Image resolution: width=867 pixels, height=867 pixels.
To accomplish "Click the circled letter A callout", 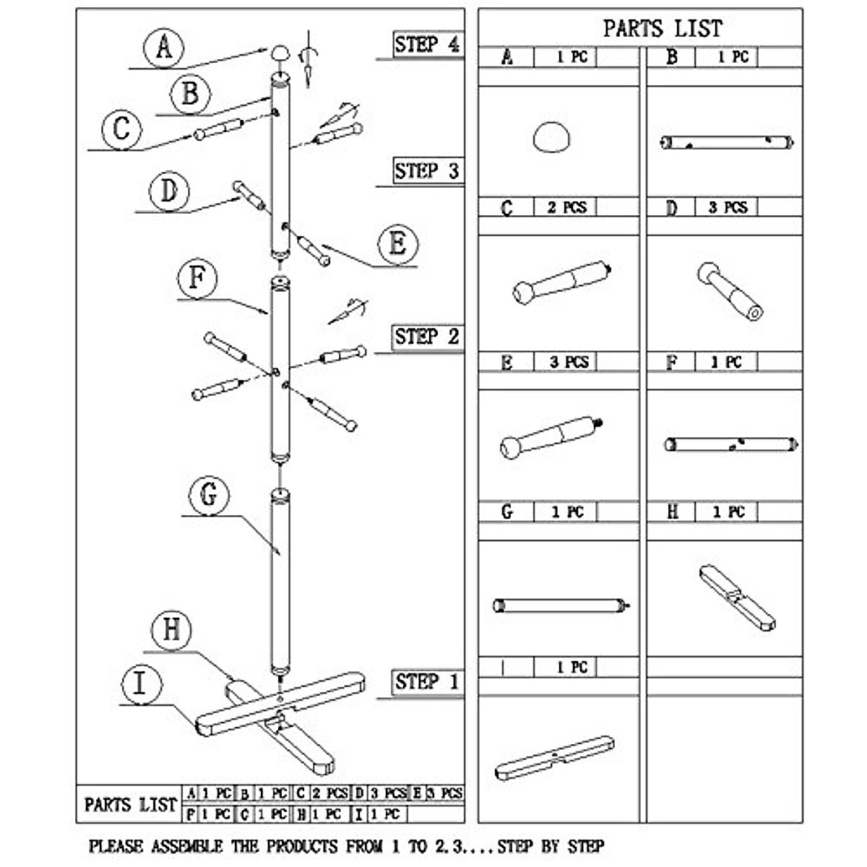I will (163, 48).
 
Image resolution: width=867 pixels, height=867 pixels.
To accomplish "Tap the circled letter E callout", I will (398, 244).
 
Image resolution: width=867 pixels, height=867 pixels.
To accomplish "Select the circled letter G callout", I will (208, 496).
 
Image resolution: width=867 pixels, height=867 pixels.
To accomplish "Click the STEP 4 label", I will (427, 45).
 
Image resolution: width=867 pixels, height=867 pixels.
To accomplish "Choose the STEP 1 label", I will (427, 682).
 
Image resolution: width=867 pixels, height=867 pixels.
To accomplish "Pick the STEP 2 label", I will (427, 337).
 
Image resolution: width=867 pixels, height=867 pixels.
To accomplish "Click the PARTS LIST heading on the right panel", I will (662, 29).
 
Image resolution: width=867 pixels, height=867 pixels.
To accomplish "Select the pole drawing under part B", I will (728, 142).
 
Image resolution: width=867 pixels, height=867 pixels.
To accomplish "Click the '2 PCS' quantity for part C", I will (566, 208).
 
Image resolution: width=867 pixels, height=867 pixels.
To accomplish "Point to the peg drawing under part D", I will (730, 290).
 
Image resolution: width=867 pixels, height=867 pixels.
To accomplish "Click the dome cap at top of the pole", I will (280, 53).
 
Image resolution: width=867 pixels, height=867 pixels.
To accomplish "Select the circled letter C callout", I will (121, 129).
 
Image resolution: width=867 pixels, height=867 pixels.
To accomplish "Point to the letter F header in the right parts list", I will (671, 362).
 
